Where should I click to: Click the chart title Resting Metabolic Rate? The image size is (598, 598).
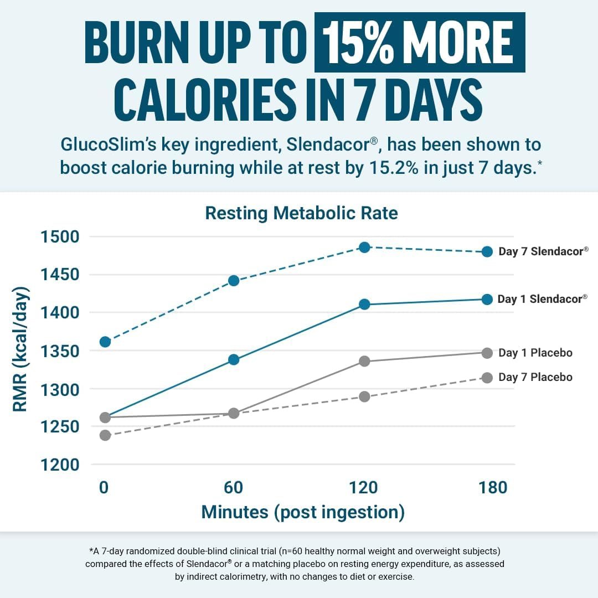pos(301,213)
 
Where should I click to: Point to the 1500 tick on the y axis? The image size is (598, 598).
pos(60,237)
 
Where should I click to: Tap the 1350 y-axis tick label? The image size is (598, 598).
pos(60,351)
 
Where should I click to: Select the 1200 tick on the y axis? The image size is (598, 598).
pos(60,465)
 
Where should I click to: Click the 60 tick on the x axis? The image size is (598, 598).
pos(234,487)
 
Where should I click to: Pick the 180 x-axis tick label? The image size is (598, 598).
pos(492,487)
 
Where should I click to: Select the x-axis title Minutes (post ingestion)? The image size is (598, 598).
pos(303,512)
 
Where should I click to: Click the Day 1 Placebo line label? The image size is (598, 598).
pos(535,353)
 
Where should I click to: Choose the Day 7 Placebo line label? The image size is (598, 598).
pos(535,377)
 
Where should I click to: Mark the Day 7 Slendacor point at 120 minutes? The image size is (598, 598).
pos(364,247)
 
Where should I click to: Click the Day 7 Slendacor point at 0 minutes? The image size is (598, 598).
pos(105,342)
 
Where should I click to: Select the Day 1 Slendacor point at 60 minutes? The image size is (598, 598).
pos(234,359)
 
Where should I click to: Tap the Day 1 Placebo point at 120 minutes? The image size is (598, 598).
pos(364,361)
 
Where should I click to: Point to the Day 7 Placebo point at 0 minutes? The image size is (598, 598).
pos(105,435)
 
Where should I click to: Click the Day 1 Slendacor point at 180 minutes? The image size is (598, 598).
pos(487,299)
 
